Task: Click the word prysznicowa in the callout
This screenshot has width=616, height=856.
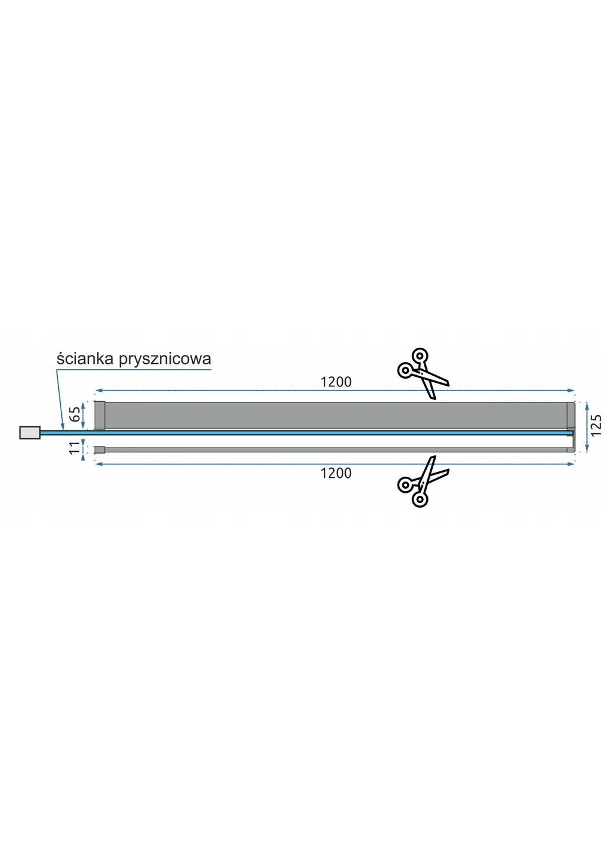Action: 165,360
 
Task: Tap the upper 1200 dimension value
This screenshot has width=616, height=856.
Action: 336,382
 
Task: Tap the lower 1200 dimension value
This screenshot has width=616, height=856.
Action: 336,473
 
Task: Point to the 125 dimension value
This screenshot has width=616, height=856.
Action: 596,425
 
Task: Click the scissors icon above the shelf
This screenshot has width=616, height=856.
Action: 423,373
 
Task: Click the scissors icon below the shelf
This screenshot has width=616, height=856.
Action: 423,481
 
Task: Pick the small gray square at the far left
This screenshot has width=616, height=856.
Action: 30,432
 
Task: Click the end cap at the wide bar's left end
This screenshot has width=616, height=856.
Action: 99,416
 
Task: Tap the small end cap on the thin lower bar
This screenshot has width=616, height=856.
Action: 99,450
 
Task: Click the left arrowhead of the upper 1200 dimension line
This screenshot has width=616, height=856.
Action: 98,391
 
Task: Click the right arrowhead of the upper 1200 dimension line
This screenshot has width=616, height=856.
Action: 571,391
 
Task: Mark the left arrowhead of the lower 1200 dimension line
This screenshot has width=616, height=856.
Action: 98,464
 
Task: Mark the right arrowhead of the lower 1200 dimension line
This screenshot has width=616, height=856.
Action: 571,464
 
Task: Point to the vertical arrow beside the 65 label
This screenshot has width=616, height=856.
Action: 83,416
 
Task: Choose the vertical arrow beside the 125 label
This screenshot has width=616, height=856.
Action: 586,427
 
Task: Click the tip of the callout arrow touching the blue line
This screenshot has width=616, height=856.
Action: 62,430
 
